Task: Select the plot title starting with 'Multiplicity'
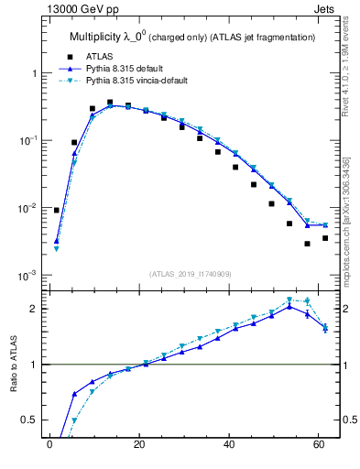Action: [x=192, y=38]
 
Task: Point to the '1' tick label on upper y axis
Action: [x=34, y=73]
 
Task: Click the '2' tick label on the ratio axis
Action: [x=33, y=309]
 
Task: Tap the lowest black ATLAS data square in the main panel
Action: [x=308, y=244]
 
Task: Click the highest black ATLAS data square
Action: [x=110, y=103]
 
